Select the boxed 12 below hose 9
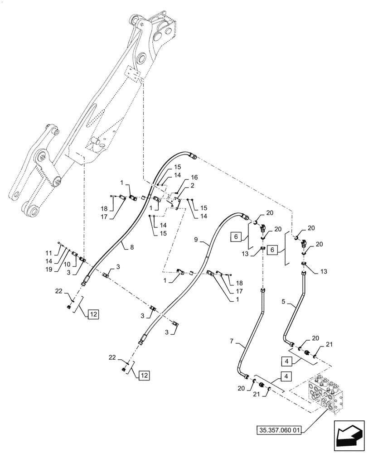point(144,376)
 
